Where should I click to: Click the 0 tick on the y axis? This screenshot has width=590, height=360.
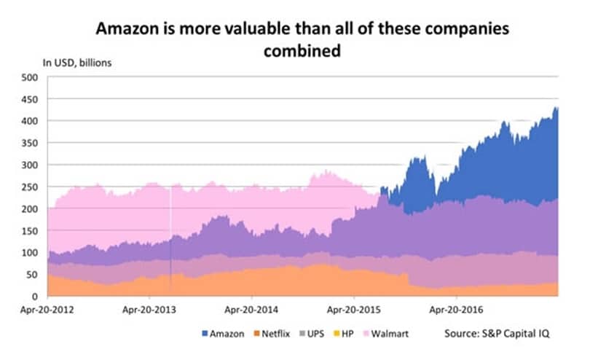point(34,296)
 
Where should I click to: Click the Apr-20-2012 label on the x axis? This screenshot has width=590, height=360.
point(47,308)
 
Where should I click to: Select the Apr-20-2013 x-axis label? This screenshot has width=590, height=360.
point(149,308)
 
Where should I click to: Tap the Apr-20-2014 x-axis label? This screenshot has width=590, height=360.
point(252,308)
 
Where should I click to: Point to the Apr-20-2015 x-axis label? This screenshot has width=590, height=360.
point(354,308)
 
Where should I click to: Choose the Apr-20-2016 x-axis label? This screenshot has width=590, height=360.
point(456,308)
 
